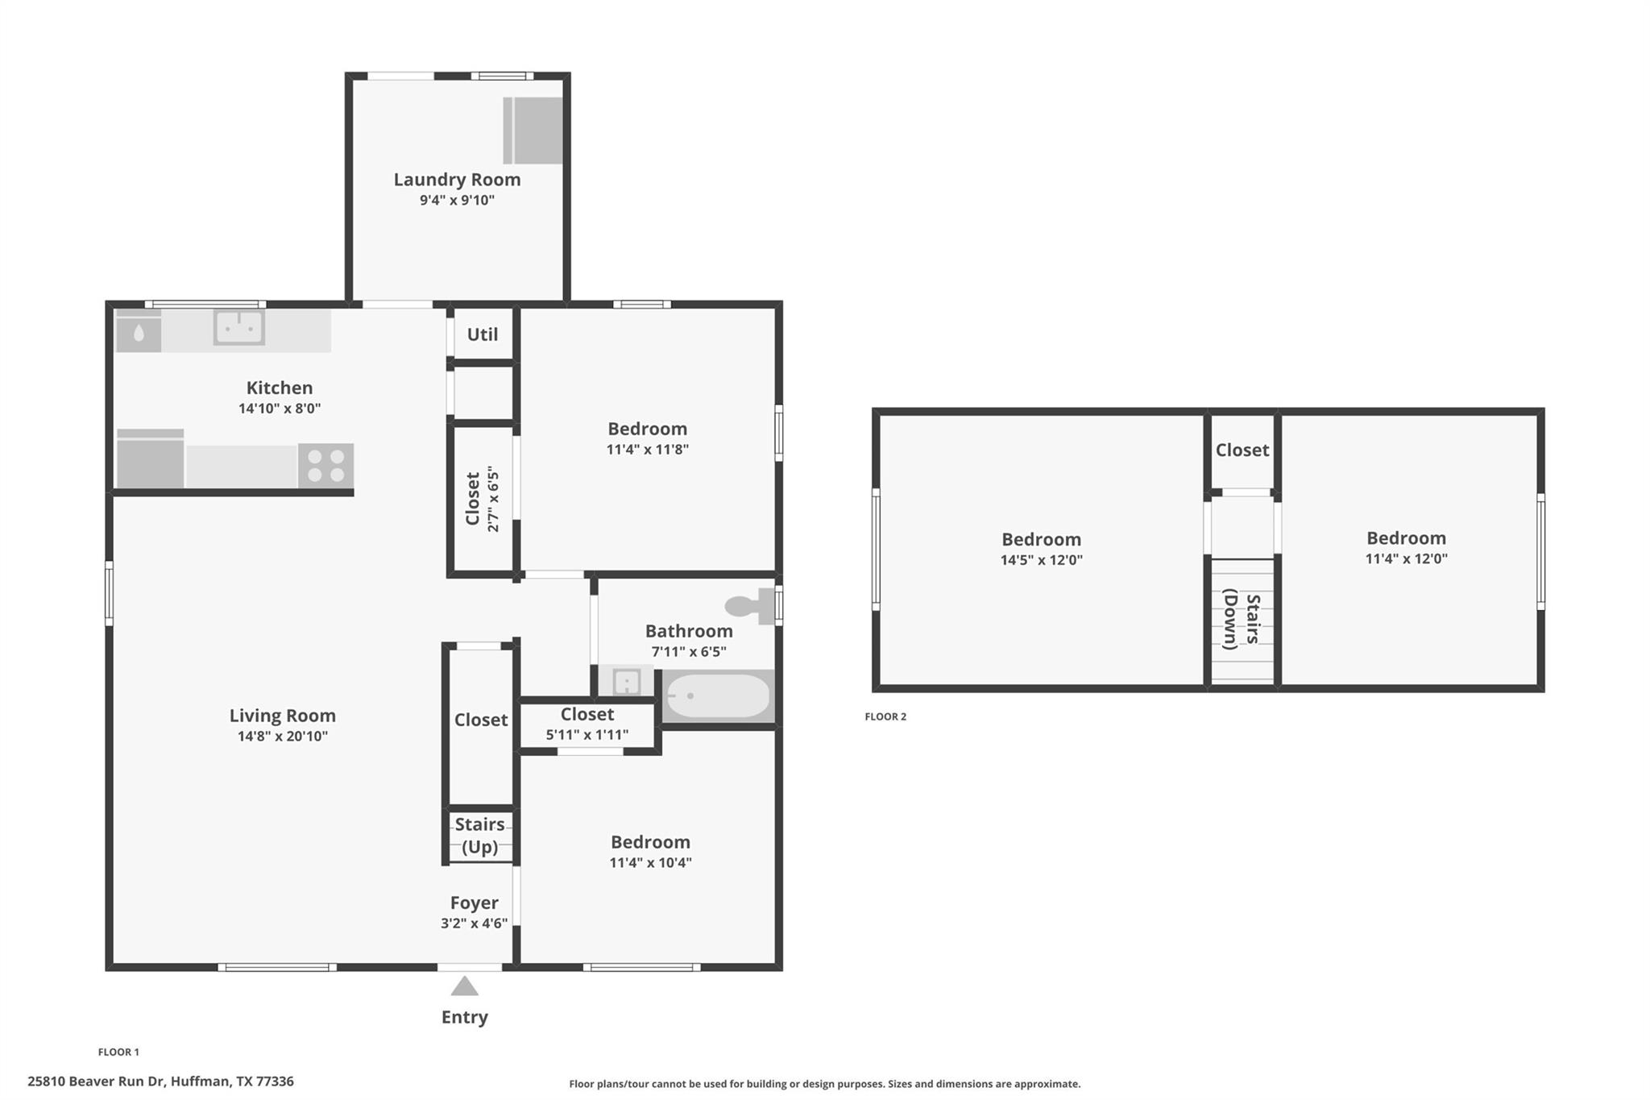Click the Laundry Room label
457,180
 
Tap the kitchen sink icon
238,328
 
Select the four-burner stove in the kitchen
325,466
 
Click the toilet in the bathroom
750,606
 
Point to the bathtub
717,696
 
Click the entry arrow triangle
464,986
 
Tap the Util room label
482,334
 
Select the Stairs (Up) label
479,835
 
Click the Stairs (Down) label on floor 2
1242,620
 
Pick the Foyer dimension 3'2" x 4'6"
474,924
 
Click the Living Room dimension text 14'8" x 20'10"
282,736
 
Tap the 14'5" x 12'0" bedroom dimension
1041,560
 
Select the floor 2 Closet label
1242,450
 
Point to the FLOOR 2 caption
885,716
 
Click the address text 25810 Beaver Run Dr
160,1081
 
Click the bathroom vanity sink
626,683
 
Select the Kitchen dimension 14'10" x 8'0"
279,409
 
